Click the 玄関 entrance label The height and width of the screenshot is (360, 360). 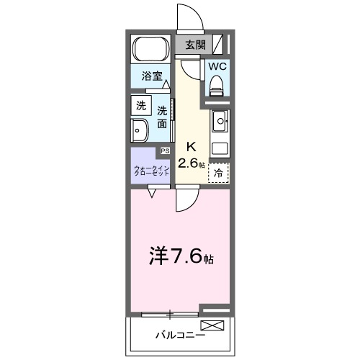coord(194,45)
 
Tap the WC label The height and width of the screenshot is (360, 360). coord(217,66)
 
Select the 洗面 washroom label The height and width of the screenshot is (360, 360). coord(163,117)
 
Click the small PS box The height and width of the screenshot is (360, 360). coord(165,150)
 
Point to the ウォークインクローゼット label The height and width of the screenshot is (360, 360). coord(151,171)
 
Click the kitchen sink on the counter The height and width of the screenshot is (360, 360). coord(220,120)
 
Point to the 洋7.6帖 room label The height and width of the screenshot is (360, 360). coord(180,256)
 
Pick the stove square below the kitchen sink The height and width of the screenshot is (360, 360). coord(220,149)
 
